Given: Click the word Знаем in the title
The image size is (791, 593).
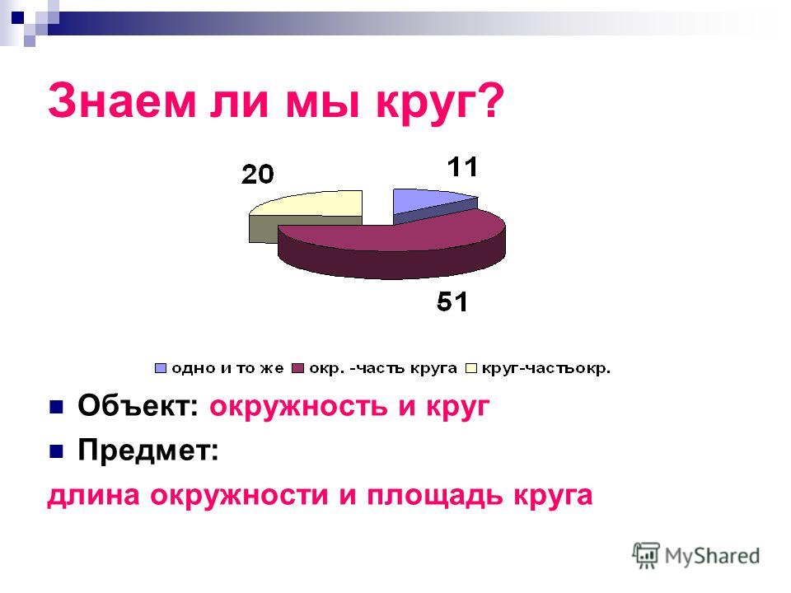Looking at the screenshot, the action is tap(122, 100).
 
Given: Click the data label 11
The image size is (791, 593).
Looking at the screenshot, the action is tap(462, 167).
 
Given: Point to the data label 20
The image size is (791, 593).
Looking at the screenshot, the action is tap(257, 175).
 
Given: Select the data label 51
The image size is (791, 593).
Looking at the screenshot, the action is tap(452, 301).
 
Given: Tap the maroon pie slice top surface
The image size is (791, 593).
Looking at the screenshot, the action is tap(399, 230).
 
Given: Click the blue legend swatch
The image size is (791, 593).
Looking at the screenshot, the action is tap(161, 369).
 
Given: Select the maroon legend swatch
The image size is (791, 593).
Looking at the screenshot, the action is tap(298, 369).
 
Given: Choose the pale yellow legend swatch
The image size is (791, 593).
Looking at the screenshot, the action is tap(470, 369).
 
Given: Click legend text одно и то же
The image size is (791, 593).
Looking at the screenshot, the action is tap(227, 369).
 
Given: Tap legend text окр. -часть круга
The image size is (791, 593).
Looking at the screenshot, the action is tap(383, 369).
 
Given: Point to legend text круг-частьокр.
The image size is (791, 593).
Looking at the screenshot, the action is tap(545, 369).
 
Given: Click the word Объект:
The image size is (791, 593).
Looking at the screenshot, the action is tap(138, 405).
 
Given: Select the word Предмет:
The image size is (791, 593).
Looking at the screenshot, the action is tap(148, 450).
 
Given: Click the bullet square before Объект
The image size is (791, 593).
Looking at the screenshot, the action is tap(56, 406).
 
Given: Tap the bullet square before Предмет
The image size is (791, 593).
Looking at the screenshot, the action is tap(56, 451).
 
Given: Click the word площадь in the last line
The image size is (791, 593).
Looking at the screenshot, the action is tap(435, 496).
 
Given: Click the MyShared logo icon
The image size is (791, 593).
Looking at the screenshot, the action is tap(646, 556).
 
